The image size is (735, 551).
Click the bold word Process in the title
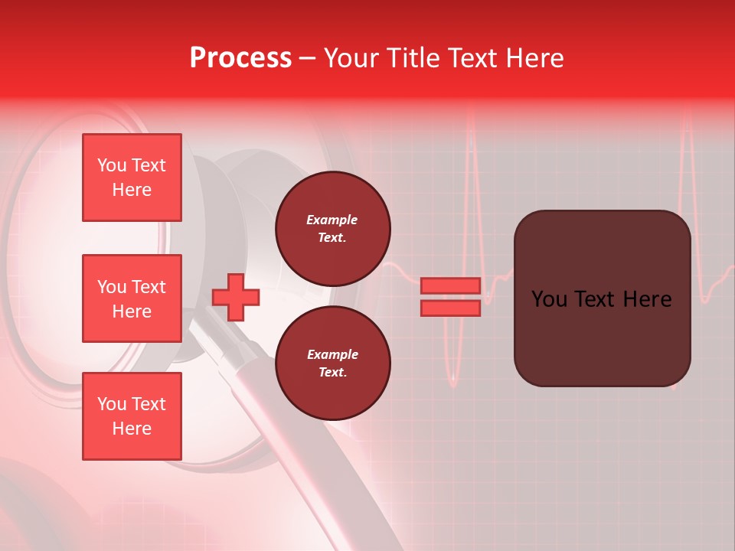[x=240, y=58]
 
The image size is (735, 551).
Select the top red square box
[x=132, y=178]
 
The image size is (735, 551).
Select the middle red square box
[x=132, y=298]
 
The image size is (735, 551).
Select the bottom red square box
[x=132, y=416]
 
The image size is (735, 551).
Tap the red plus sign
[x=236, y=297]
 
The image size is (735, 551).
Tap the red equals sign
[x=450, y=297]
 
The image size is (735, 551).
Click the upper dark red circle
[x=333, y=228]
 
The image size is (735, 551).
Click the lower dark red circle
[x=333, y=363]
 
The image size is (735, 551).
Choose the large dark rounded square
[x=602, y=298]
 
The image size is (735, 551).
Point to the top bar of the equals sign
[x=450, y=286]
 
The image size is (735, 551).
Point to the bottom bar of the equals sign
[x=450, y=308]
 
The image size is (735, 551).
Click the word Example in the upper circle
[x=332, y=220]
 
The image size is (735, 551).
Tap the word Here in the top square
[x=132, y=190]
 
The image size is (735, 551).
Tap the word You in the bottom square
[x=112, y=404]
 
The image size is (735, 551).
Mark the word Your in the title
[x=352, y=58]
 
